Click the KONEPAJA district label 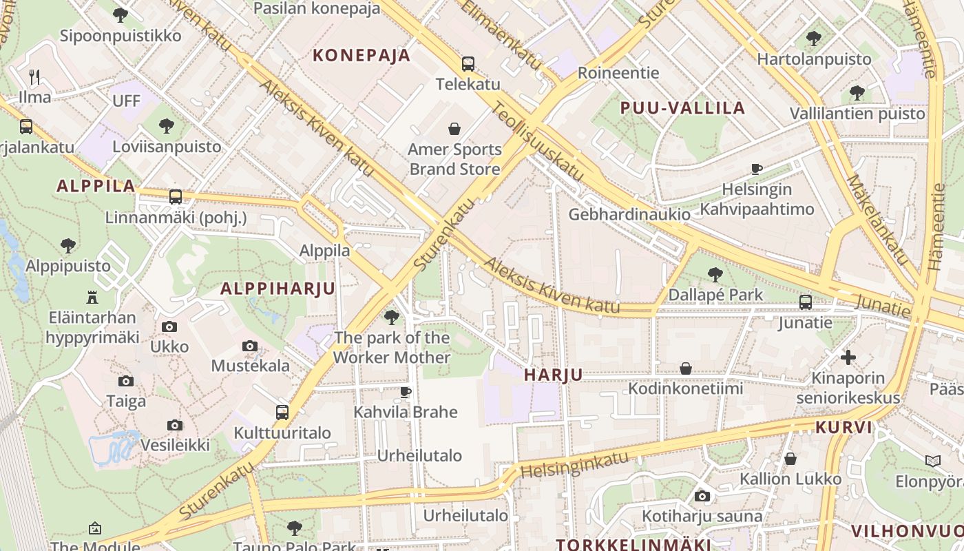pyautogui.click(x=361, y=55)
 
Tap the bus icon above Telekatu pyautogui.click(x=468, y=64)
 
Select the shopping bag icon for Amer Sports pyautogui.click(x=454, y=129)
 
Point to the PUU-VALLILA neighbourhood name pyautogui.click(x=682, y=107)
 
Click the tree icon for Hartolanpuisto pyautogui.click(x=814, y=38)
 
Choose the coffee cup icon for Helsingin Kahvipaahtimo pyautogui.click(x=757, y=169)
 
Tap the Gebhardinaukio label pyautogui.click(x=629, y=214)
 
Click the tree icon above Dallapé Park pyautogui.click(x=715, y=274)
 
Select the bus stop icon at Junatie pyautogui.click(x=805, y=302)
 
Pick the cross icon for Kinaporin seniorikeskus pyautogui.click(x=848, y=357)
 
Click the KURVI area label pyautogui.click(x=843, y=427)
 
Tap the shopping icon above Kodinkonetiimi pyautogui.click(x=685, y=368)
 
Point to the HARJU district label pyautogui.click(x=553, y=375)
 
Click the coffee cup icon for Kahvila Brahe pyautogui.click(x=406, y=392)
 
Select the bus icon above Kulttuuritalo pyautogui.click(x=282, y=412)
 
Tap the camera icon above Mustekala pyautogui.click(x=250, y=346)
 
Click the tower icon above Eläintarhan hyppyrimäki pyautogui.click(x=92, y=297)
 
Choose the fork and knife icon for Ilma pyautogui.click(x=34, y=76)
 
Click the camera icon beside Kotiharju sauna pyautogui.click(x=702, y=496)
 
